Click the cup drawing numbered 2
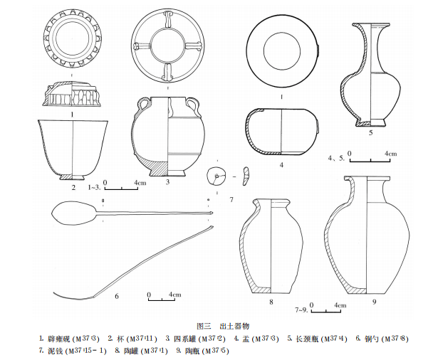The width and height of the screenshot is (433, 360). click(74, 148)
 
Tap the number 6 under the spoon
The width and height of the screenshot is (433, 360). click(115, 295)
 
